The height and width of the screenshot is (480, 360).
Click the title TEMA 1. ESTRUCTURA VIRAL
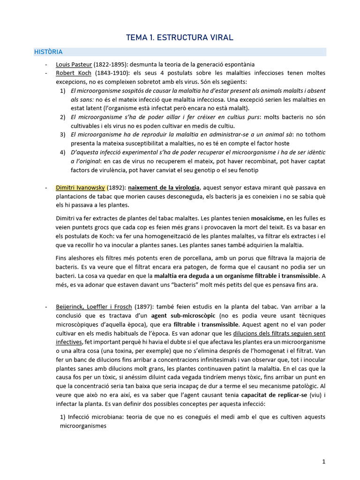tap(180, 37)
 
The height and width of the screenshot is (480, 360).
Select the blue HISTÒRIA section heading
tap(48, 52)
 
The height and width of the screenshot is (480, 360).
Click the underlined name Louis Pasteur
tap(74, 64)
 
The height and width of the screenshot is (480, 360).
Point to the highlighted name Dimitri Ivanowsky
tap(81, 188)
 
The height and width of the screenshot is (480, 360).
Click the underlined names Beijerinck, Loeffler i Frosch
tap(94, 307)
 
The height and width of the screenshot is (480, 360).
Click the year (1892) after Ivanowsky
tap(119, 188)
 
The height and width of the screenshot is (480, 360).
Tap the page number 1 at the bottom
tap(324, 462)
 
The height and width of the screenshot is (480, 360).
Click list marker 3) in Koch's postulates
tap(63, 135)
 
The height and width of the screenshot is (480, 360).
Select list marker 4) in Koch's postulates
tap(63, 153)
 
